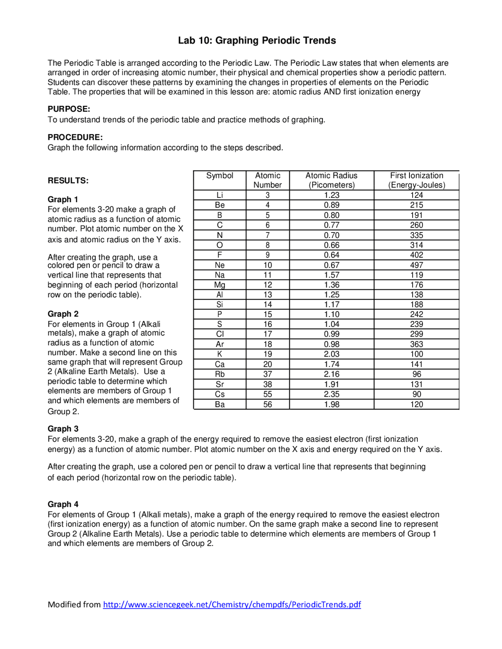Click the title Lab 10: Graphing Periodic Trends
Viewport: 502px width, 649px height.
click(x=257, y=40)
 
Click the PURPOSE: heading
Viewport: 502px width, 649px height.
click(x=69, y=109)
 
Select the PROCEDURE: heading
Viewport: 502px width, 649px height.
click(x=75, y=137)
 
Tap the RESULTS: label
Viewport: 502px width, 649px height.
click(x=68, y=181)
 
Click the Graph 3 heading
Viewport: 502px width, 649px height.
click(x=63, y=429)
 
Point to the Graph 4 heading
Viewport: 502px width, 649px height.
click(x=63, y=504)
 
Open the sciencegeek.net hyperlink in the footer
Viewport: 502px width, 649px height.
click(x=232, y=604)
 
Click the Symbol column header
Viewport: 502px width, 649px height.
click(x=220, y=176)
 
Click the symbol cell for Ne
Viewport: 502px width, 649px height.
click(x=220, y=265)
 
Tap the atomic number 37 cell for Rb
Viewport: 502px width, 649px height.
click(x=267, y=374)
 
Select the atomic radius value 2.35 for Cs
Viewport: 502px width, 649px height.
click(x=331, y=394)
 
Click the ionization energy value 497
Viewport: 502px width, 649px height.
click(x=417, y=265)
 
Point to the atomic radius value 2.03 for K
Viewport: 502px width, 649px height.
click(x=331, y=354)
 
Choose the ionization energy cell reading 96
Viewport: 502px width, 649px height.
click(x=417, y=374)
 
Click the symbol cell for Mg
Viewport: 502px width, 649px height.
click(x=220, y=285)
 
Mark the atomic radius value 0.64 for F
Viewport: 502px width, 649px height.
click(x=331, y=255)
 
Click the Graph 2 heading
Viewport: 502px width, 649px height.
click(x=63, y=314)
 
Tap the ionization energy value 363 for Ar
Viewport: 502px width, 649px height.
click(x=417, y=344)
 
